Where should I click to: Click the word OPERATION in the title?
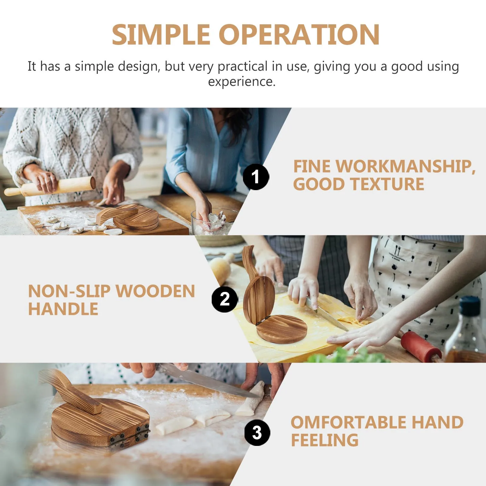point(299,35)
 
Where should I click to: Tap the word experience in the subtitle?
point(242,81)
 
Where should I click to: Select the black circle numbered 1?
point(256,177)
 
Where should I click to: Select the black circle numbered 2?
point(225,299)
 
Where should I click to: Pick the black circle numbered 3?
point(257,433)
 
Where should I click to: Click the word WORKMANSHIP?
point(406,166)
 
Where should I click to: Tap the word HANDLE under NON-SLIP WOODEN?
point(63,309)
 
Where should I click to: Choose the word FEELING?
point(324,440)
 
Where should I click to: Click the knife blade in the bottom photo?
point(210,380)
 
